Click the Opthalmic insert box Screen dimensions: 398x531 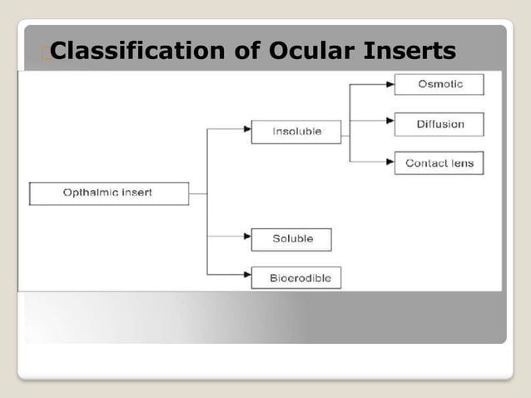click(108, 193)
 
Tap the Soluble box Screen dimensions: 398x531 click(291, 239)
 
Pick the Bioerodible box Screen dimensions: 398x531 click(295, 276)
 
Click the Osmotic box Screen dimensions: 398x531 click(439, 84)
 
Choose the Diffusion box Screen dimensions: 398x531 click(439, 124)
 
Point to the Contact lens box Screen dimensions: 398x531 click(439, 163)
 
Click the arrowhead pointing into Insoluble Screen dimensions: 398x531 click(246, 129)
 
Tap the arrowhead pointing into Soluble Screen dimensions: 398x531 click(246, 236)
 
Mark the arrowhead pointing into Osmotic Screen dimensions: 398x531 click(390, 84)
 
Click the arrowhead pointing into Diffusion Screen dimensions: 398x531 click(390, 122)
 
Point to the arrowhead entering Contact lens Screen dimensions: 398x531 click(390, 161)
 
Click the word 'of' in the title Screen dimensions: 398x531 click(247, 52)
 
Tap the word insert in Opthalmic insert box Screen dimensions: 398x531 click(136, 193)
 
